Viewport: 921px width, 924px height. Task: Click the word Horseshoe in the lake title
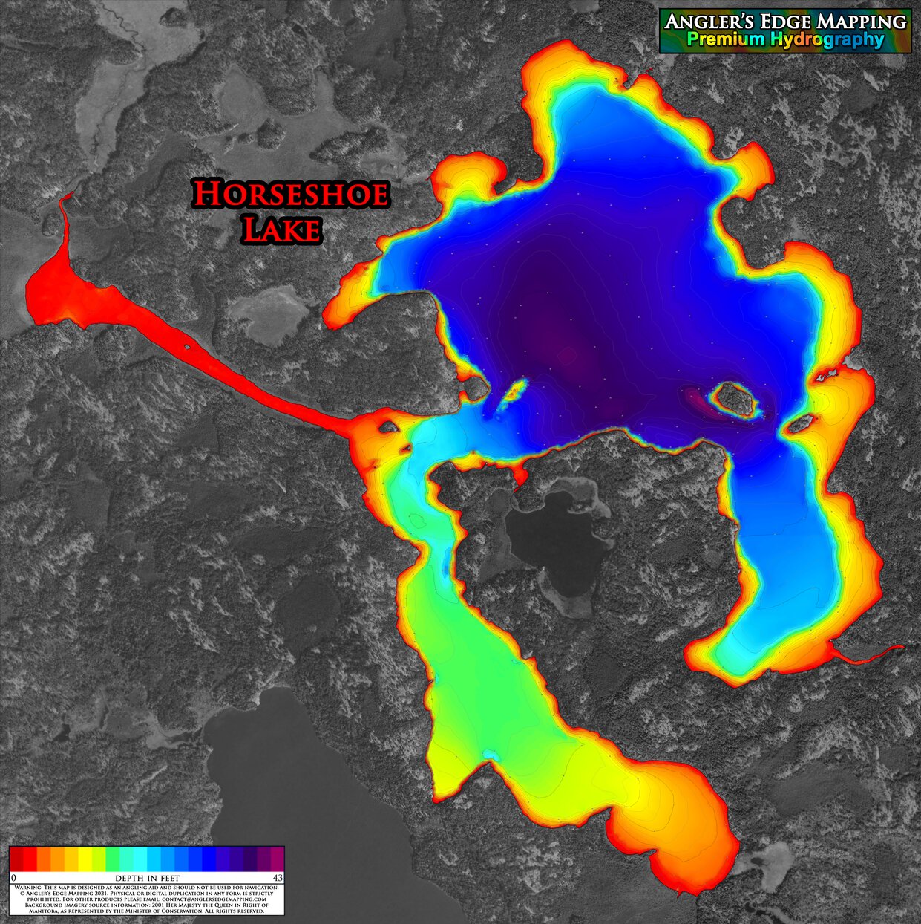[x=290, y=195]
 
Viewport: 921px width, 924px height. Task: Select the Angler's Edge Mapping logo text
[x=785, y=22]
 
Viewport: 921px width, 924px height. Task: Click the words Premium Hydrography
[x=785, y=40]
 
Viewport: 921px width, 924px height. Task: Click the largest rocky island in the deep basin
[x=735, y=399]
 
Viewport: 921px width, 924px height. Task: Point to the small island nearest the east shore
[x=800, y=424]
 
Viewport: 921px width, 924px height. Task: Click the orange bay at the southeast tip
[x=683, y=824]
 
